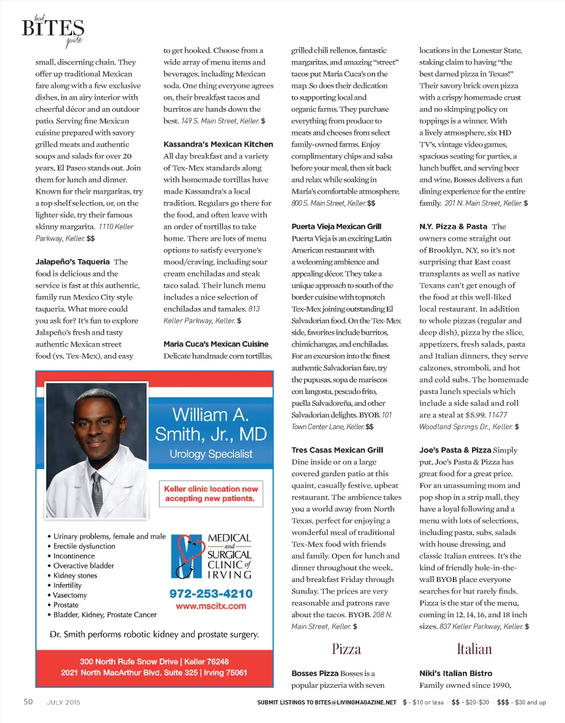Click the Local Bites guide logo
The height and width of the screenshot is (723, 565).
pyautogui.click(x=53, y=30)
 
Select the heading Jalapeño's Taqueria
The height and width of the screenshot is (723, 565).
pyautogui.click(x=72, y=262)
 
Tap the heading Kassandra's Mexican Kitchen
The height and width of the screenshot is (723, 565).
pyautogui.click(x=218, y=144)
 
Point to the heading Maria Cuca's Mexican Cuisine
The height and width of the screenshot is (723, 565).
pyautogui.click(x=216, y=344)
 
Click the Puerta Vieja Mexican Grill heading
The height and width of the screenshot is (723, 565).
pyautogui.click(x=336, y=226)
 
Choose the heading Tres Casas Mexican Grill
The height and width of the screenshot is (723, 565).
pyautogui.click(x=337, y=450)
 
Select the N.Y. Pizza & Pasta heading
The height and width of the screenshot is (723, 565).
pyautogui.click(x=453, y=226)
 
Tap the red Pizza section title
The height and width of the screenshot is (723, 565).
pyautogui.click(x=346, y=649)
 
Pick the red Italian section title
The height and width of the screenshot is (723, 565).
pyautogui.click(x=474, y=649)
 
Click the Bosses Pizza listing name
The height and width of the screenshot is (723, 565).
pyautogui.click(x=315, y=673)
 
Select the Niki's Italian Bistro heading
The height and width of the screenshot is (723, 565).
pyautogui.click(x=456, y=673)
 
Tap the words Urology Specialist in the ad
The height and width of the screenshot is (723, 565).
pyautogui.click(x=211, y=454)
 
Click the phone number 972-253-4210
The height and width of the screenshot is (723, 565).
pyautogui.click(x=211, y=593)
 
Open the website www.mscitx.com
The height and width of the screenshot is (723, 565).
pyautogui.click(x=211, y=606)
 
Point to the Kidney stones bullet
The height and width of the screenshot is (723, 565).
pyautogui.click(x=75, y=575)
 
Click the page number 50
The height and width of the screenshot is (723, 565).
pyautogui.click(x=28, y=702)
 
